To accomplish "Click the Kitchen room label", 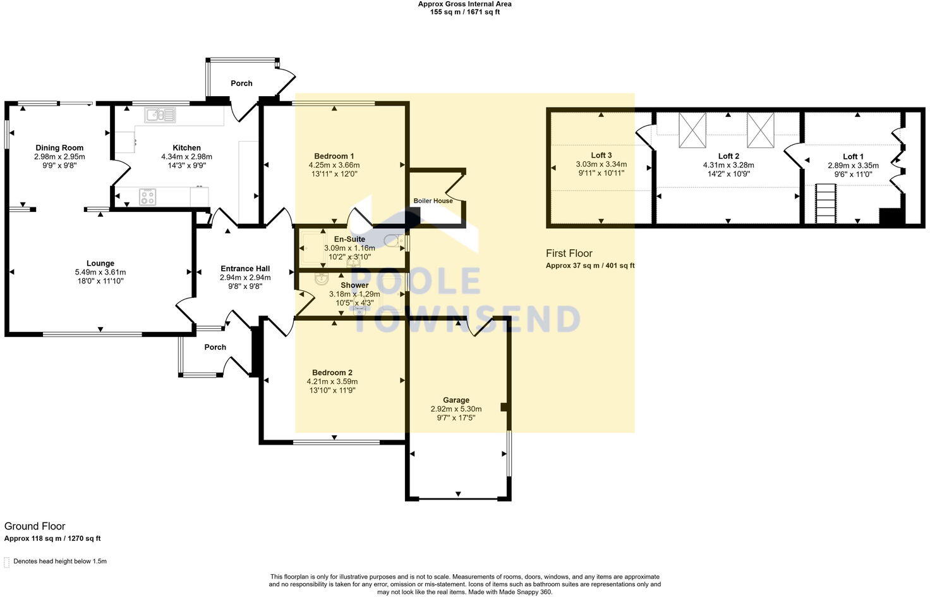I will (186, 148).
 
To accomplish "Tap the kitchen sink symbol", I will (160, 114).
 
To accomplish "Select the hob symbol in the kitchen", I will (147, 197).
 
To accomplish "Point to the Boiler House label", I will (433, 201).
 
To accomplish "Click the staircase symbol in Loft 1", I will (826, 203).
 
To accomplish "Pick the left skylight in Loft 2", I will (692, 130).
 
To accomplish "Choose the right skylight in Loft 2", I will (760, 130).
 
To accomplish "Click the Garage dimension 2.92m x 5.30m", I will (456, 409).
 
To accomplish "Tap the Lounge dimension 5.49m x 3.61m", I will (100, 273).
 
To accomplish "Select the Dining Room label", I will (59, 148).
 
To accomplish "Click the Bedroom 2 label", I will (332, 373).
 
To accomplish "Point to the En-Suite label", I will (349, 240).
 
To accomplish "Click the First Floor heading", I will (569, 254).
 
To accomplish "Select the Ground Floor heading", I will (35, 526).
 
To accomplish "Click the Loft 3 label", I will (601, 156).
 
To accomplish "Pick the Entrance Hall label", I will (245, 269).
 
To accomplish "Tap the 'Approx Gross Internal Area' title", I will (464, 4).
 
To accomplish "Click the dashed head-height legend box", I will (7, 562).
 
